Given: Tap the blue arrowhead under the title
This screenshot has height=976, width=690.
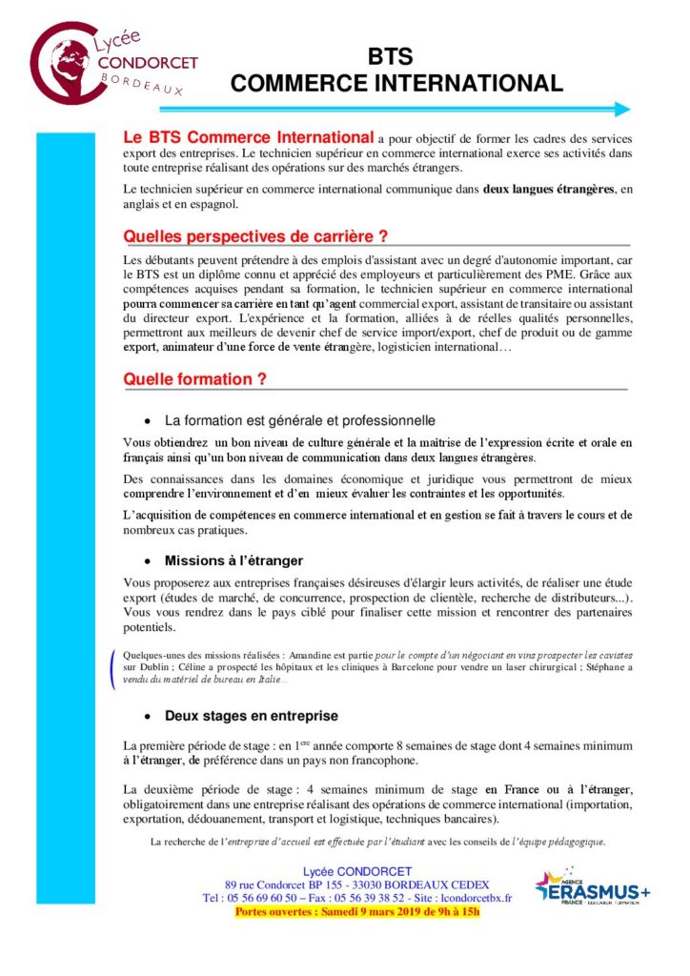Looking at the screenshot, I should (622, 109).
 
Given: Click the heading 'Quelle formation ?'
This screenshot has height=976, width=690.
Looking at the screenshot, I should (194, 378).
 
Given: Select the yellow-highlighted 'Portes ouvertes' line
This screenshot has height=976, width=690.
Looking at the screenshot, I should (357, 911).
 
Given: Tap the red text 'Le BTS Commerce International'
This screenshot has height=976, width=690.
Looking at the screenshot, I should (248, 138).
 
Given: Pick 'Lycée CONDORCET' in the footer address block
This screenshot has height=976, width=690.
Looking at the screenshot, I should (356, 872).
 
